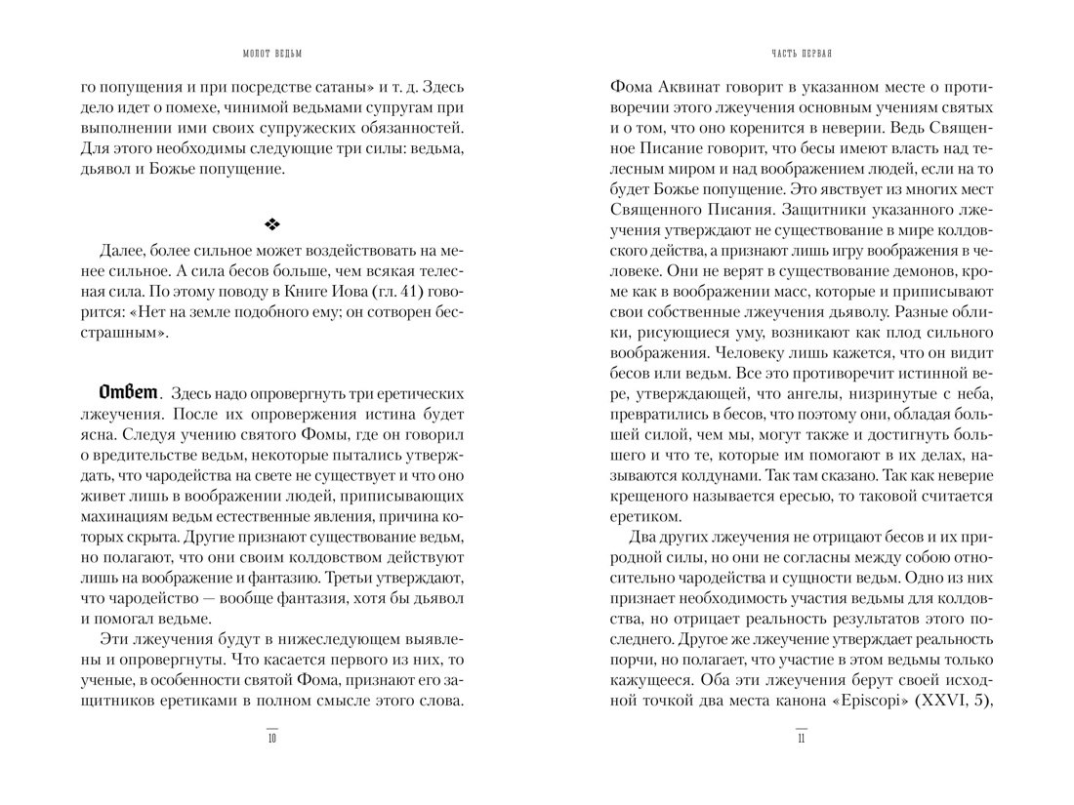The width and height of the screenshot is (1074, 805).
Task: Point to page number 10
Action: pos(272,739)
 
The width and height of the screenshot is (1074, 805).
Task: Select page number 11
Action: pos(801,739)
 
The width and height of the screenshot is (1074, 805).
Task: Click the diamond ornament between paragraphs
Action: pos(272,225)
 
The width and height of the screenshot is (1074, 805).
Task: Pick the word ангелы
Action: pos(802,393)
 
